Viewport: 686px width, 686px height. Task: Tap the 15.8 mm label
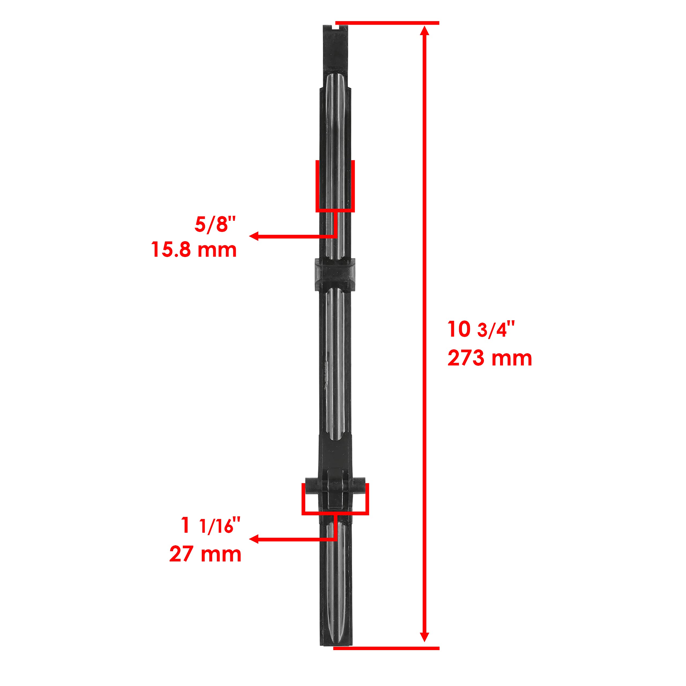coord(194,250)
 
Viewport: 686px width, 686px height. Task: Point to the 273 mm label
coord(490,358)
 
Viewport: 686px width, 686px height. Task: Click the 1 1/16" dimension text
coord(211,526)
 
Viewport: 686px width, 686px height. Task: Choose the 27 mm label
coord(205,554)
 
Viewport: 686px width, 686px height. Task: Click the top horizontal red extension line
coord(387,23)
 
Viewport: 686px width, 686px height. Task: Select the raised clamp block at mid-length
coord(335,274)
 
